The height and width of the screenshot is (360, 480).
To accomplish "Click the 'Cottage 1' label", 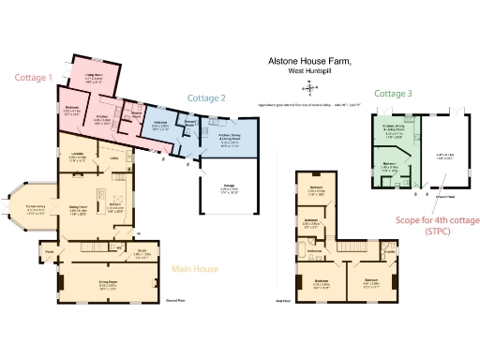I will click(30, 78).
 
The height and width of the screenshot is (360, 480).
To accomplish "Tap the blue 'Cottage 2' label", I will click(205, 97).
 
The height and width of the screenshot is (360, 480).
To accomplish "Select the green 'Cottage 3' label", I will click(392, 94).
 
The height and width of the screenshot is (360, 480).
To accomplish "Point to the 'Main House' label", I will click(195, 269).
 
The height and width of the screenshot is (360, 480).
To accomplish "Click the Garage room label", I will click(222, 187).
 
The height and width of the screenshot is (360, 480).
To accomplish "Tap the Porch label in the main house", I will click(49, 251).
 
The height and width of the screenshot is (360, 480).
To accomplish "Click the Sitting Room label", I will click(91, 282).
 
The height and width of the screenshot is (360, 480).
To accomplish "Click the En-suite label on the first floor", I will click(389, 251).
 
